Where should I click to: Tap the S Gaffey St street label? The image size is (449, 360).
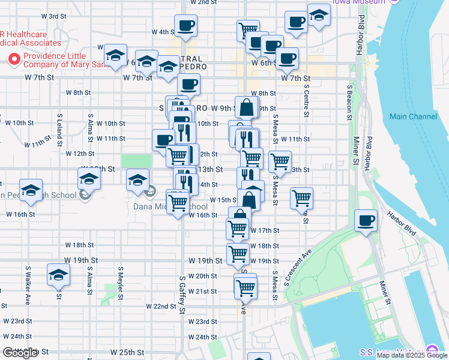182,294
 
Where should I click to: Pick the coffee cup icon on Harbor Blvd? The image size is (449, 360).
366,221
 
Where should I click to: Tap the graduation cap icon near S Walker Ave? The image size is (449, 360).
58,275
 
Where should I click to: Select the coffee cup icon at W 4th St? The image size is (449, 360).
185,26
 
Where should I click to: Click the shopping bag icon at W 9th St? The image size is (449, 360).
247,108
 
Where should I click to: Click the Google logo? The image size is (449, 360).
20,353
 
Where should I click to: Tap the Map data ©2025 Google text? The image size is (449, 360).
412,355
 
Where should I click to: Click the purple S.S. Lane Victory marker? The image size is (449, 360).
431,351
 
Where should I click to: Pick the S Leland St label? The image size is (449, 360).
59,127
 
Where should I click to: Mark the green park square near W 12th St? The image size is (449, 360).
137,161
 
